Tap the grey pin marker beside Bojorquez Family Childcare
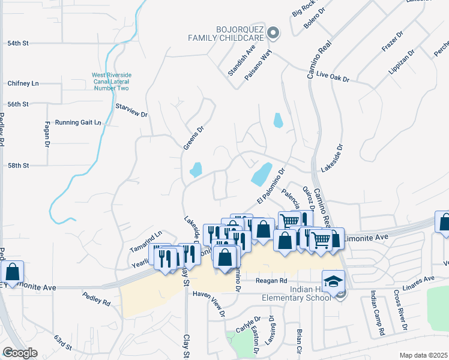[x=273, y=33]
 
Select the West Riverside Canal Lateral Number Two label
[x=111, y=82]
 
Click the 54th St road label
[x=18, y=43]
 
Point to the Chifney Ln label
[x=23, y=83]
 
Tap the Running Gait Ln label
[x=78, y=122]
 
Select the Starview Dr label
[x=131, y=110]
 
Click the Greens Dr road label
[x=191, y=138]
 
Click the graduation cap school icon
[x=333, y=280]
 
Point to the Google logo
[x=20, y=352]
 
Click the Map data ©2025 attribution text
[x=423, y=355]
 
